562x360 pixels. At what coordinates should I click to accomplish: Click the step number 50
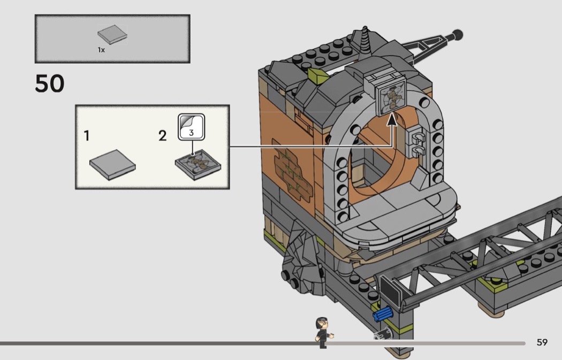(49, 83)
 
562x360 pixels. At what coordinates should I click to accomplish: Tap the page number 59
(542, 342)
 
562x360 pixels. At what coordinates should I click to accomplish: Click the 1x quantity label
(101, 50)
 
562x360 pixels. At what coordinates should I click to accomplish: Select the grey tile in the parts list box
(112, 34)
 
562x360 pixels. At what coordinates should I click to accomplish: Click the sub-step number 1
(86, 136)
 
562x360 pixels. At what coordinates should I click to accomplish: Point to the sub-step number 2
(162, 136)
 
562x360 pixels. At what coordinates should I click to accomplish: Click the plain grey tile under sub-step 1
(112, 165)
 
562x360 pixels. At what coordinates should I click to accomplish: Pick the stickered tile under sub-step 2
(198, 164)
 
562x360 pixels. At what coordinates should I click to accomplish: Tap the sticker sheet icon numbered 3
(192, 127)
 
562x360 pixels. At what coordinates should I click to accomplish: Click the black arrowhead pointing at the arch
(392, 120)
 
